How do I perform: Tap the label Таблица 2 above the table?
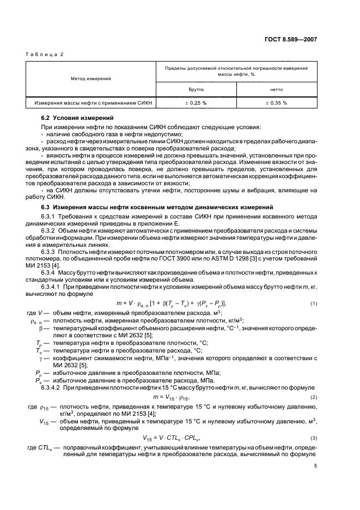[x=44, y=56]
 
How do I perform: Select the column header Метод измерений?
[x=91, y=78]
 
